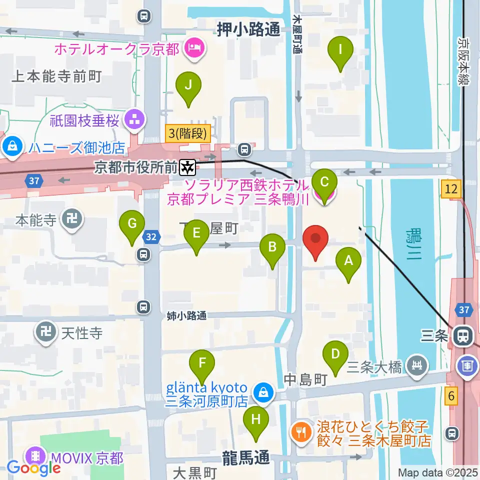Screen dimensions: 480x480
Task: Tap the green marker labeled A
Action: (348, 264)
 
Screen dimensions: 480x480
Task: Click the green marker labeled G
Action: (132, 227)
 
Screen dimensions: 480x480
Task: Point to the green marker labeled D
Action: (335, 358)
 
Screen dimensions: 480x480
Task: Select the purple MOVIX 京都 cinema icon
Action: (35, 456)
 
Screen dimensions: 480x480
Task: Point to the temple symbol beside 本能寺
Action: (70, 218)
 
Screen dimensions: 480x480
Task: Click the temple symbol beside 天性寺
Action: (46, 332)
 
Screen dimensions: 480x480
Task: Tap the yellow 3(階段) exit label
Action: (188, 132)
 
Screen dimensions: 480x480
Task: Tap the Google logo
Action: (34, 468)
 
